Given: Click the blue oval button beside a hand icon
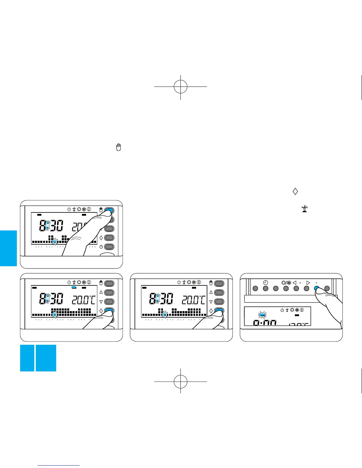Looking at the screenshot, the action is [x=109, y=211].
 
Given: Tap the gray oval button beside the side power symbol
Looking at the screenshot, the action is [x=109, y=247].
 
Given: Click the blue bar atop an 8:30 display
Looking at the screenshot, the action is [x=74, y=287].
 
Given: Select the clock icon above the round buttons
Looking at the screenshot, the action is [x=266, y=282].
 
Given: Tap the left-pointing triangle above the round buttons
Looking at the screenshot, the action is [x=294, y=283].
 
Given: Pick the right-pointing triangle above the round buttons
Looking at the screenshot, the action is [x=308, y=283].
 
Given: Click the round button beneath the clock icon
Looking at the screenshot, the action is [x=266, y=289].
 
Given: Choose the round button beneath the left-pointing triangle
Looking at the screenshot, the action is [x=296, y=289].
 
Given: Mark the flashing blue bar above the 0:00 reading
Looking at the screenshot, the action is [x=262, y=315].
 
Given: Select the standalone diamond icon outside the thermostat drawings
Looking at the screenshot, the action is [x=295, y=191].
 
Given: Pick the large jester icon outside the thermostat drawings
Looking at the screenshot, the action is [x=305, y=209].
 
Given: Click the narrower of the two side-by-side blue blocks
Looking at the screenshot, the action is [x=27, y=358].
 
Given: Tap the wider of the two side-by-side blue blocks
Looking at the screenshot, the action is [x=46, y=358].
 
